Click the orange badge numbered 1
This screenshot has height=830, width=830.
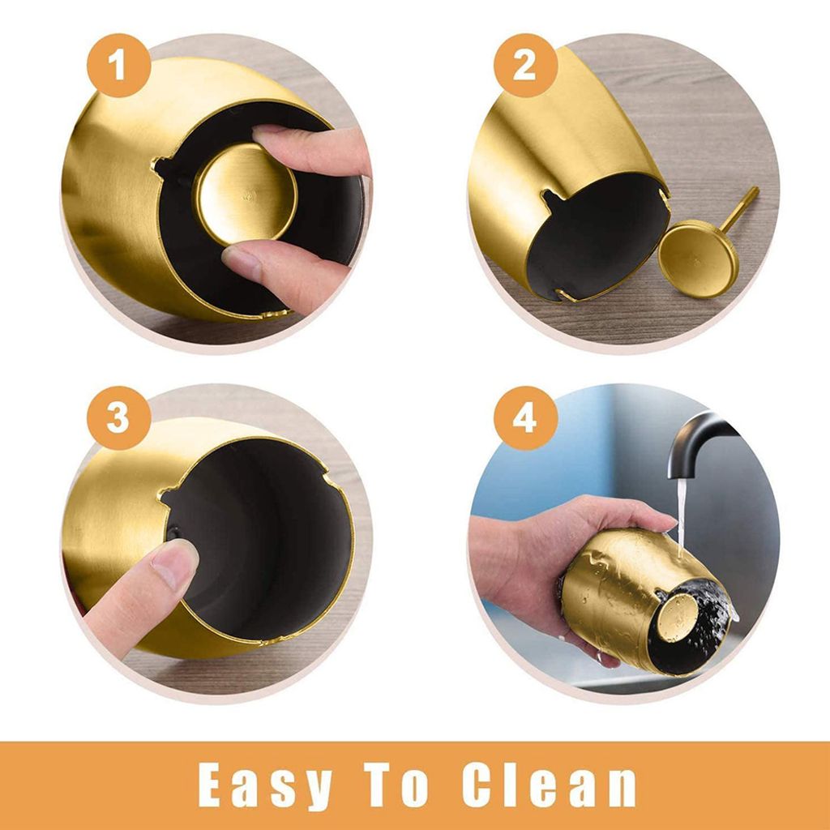point(119,65)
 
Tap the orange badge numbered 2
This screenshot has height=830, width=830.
point(525,65)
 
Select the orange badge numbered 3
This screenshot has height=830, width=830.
point(119,418)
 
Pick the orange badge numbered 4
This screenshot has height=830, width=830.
point(525,418)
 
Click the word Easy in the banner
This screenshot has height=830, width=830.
point(265,785)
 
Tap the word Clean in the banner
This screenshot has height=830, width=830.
point(549,785)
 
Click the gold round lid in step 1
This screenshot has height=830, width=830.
point(246,195)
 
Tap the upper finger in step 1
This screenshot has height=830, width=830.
point(312,150)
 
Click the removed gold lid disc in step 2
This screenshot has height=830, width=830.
point(699,258)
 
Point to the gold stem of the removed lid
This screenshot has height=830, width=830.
point(739,209)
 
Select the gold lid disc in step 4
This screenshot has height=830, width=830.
point(678,617)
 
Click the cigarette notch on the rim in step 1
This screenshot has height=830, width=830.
point(160,165)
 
